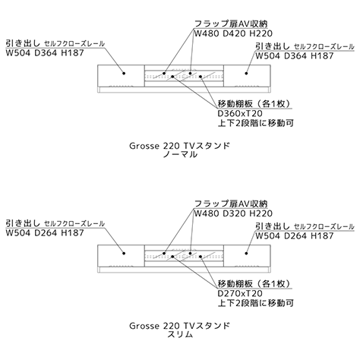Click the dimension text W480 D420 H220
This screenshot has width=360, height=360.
pos(233,33)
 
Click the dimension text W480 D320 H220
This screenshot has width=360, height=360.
pos(233,213)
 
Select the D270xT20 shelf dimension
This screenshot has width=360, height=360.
pos(240,293)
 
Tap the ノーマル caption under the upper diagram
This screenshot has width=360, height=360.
pos(180,154)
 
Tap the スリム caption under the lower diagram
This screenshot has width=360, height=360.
pos(180,334)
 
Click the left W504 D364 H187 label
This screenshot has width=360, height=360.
pos(45,53)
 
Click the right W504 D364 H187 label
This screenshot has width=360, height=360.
pos(295,56)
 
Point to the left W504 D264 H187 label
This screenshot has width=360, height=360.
pos(45,233)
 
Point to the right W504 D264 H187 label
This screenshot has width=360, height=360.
pos(295,236)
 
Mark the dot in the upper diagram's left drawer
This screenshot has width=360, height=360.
pos(124,74)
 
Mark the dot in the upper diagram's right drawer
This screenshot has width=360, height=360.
pos(246,74)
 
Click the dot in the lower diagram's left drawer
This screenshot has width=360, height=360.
pos(124,254)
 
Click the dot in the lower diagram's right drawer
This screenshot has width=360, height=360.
pos(246,254)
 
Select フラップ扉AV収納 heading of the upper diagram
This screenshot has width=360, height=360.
pos(231,24)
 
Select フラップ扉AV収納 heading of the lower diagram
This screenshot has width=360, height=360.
pos(231,204)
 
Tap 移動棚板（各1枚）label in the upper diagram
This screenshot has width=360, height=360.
pos(254,104)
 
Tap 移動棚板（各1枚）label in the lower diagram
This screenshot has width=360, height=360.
pos(254,284)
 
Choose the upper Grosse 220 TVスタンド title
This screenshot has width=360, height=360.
pos(180,146)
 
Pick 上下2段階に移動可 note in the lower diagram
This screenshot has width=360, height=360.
pos(256,303)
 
